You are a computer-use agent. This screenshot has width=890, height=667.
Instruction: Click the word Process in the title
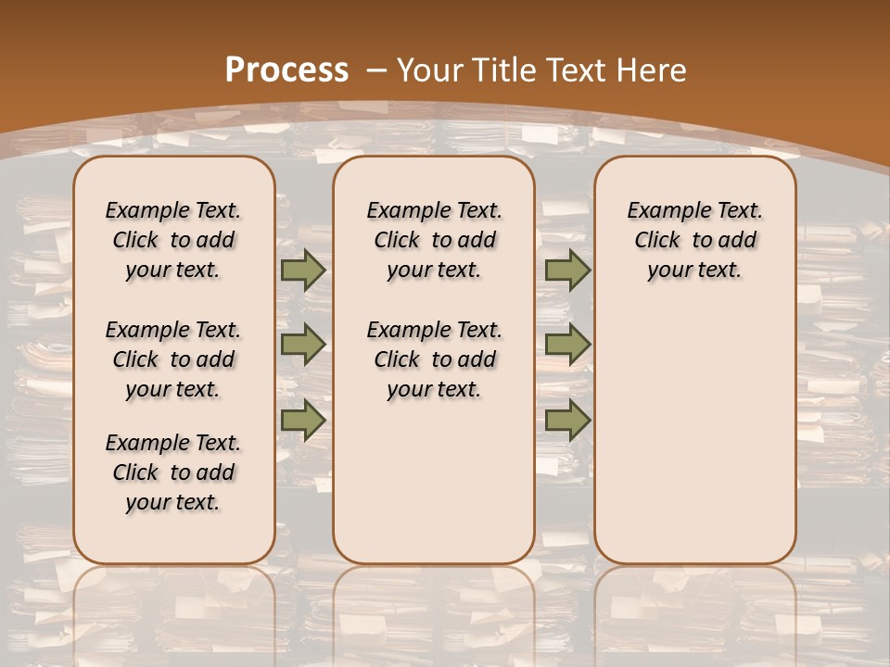pos(286,69)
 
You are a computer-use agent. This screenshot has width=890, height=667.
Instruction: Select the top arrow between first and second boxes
pos(303,270)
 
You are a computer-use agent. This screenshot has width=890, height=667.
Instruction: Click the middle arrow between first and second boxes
pos(303,345)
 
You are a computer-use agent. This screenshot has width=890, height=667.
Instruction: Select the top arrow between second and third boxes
pos(567,270)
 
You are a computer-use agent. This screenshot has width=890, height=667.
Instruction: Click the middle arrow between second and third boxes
pos(567,345)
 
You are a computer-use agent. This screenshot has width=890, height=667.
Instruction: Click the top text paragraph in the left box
pos(173,240)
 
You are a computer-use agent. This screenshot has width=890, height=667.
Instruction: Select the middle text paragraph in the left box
pos(173,359)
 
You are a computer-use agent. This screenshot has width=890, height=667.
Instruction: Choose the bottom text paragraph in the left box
pos(173,472)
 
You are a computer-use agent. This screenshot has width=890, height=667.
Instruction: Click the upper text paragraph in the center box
pos(434,240)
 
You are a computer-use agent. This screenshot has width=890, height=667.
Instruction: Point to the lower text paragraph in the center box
pos(434,359)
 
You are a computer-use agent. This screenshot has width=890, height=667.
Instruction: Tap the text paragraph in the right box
pos(694,240)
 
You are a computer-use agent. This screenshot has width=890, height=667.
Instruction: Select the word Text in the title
pos(578,69)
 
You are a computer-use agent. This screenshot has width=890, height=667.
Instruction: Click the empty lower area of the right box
pos(694,435)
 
